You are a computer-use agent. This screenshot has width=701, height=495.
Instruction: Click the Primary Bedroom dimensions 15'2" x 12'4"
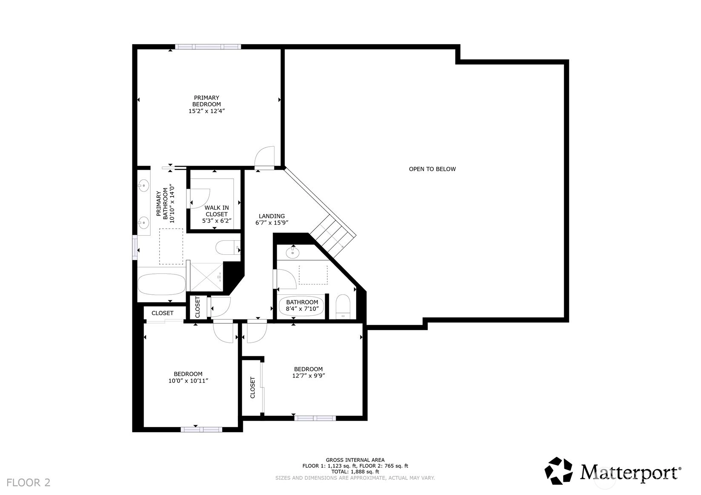pyautogui.click(x=206, y=111)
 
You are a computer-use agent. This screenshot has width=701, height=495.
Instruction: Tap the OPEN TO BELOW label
pyautogui.click(x=432, y=169)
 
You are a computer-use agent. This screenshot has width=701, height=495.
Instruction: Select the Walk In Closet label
pyautogui.click(x=217, y=211)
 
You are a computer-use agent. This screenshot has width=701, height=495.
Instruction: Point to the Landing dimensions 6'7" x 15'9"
pyautogui.click(x=272, y=223)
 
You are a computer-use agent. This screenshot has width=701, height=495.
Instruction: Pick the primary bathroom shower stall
pyautogui.click(x=206, y=278)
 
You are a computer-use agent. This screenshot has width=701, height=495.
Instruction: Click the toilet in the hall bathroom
pyautogui.click(x=343, y=307)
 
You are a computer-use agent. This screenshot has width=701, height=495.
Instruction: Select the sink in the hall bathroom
pyautogui.click(x=292, y=252)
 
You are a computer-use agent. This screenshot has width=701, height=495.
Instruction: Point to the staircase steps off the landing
pyautogui.click(x=333, y=238)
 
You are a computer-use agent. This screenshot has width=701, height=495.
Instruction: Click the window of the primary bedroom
pyautogui.click(x=208, y=47)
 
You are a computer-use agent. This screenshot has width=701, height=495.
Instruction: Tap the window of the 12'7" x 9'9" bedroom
pyautogui.click(x=315, y=418)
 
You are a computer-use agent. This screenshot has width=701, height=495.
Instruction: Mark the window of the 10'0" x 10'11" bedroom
pyautogui.click(x=201, y=430)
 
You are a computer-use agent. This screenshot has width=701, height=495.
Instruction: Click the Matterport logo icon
pyautogui.click(x=559, y=471)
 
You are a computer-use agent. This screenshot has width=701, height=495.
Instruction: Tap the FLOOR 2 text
pyautogui.click(x=28, y=483)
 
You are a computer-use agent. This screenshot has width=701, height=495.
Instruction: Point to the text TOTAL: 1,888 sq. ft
pyautogui.click(x=355, y=472)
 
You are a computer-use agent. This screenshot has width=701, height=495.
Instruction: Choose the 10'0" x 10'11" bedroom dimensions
pyautogui.click(x=188, y=381)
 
